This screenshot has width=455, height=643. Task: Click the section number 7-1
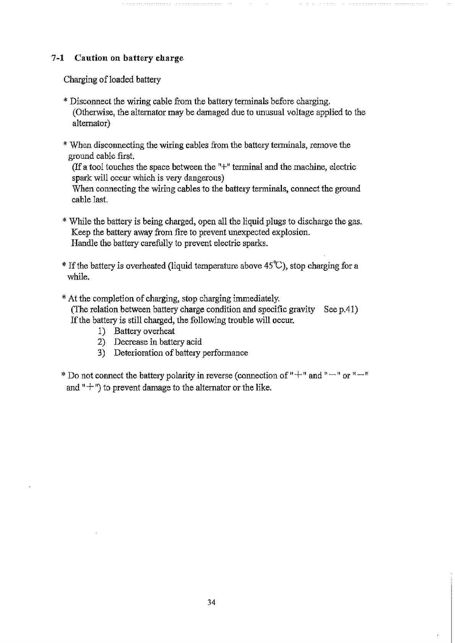[x=57, y=58]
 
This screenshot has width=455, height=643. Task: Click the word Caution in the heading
[x=91, y=58]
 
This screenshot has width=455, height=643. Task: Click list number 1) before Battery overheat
[x=101, y=331]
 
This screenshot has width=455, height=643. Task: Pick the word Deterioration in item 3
[x=139, y=353]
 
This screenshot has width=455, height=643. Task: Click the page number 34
[x=211, y=603]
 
